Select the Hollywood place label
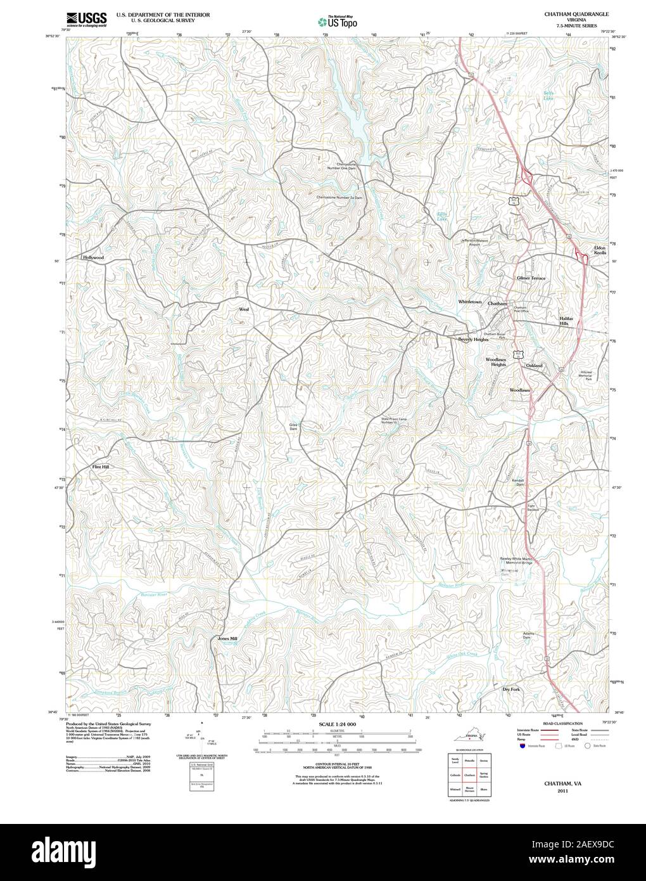pos(92,258)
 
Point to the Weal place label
pos(243,309)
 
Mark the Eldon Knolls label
pos(599,250)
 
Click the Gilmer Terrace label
pos(531,278)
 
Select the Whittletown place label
pos(470,302)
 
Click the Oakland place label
pos(534,366)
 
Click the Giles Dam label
pos(293,427)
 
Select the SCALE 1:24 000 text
pos(338,724)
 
